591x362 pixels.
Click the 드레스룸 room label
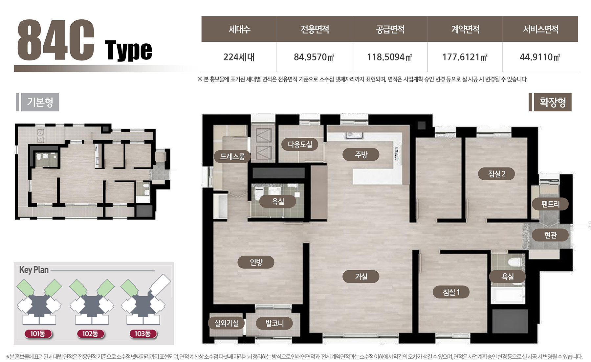pyautogui.click(x=232, y=157)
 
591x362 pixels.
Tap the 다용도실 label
pyautogui.click(x=300, y=144)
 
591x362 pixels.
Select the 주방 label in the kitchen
pyautogui.click(x=361, y=154)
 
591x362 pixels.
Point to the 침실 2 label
pyautogui.click(x=497, y=173)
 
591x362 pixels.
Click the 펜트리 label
pyautogui.click(x=550, y=204)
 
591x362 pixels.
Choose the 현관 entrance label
pyautogui.click(x=550, y=235)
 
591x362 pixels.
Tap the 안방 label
pyautogui.click(x=256, y=262)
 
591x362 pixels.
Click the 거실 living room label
pyautogui.click(x=361, y=277)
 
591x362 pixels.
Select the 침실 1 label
pyautogui.click(x=451, y=292)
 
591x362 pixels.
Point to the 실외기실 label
pyautogui.click(x=226, y=323)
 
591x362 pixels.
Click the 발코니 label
pyautogui.click(x=274, y=323)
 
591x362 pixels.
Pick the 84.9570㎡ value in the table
pyautogui.click(x=314, y=57)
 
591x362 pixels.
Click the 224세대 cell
pyautogui.click(x=239, y=57)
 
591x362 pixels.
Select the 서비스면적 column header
pyautogui.click(x=540, y=29)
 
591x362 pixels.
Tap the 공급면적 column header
pyautogui.click(x=390, y=29)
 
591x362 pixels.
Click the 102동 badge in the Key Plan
pyautogui.click(x=90, y=334)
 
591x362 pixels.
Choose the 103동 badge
pyautogui.click(x=142, y=334)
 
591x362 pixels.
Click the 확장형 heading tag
pyautogui.click(x=553, y=102)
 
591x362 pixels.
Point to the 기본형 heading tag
pyautogui.click(x=40, y=102)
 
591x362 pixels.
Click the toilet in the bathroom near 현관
pyautogui.click(x=515, y=262)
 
